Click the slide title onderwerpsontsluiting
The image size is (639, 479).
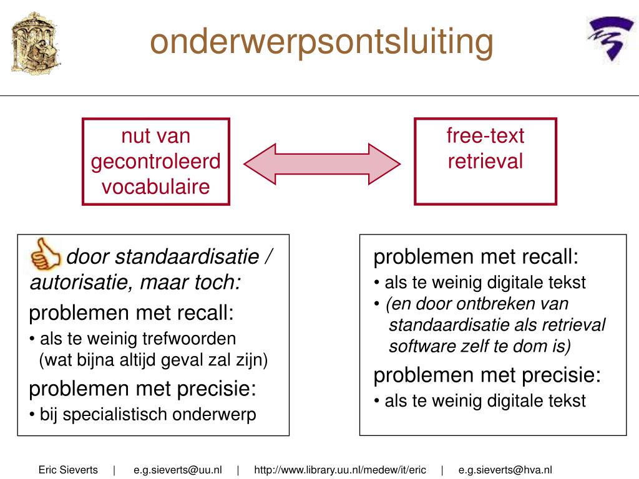[x=321, y=42]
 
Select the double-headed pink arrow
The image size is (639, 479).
[x=322, y=164]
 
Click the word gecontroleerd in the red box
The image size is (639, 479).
[x=155, y=162]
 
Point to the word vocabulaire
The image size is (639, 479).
[x=155, y=187]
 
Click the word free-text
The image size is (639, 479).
[x=485, y=135]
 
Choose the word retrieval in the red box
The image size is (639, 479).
[x=485, y=161]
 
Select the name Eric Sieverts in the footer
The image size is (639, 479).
[x=68, y=470]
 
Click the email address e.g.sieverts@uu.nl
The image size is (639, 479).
[x=178, y=470]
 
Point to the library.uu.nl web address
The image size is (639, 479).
[x=340, y=470]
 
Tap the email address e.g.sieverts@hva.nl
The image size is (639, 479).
[x=505, y=470]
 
